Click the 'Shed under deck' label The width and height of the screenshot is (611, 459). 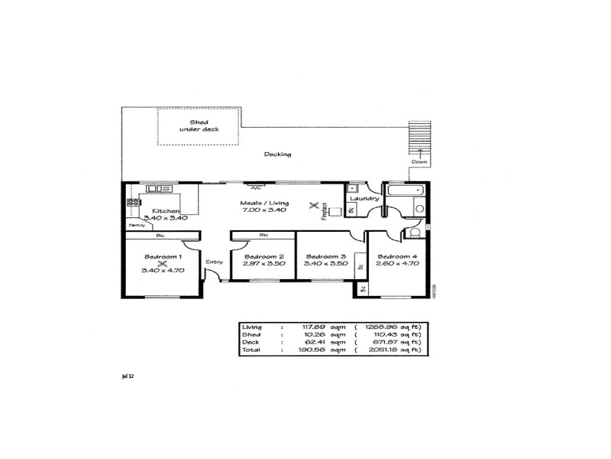pyautogui.click(x=199, y=125)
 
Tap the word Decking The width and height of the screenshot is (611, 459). pyautogui.click(x=277, y=155)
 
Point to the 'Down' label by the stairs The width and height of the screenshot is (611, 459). pyautogui.click(x=419, y=162)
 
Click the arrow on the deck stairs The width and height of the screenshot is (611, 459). pyautogui.click(x=419, y=153)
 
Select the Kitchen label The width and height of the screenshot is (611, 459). pyautogui.click(x=165, y=210)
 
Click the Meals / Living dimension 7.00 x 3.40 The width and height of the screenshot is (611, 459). pyautogui.click(x=263, y=210)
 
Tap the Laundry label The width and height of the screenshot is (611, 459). pyautogui.click(x=365, y=200)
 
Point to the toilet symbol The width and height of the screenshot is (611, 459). pyautogui.click(x=415, y=232)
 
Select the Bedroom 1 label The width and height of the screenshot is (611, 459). pyautogui.click(x=162, y=256)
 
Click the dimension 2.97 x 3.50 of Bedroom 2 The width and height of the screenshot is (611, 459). pyautogui.click(x=263, y=263)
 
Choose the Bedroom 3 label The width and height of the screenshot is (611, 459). pyautogui.click(x=325, y=256)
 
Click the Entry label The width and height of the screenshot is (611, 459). pyautogui.click(x=214, y=262)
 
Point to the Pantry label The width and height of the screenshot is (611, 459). pyautogui.click(x=137, y=226)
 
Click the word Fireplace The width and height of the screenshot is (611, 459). pyautogui.click(x=325, y=210)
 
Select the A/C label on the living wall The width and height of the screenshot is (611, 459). pyautogui.click(x=267, y=187)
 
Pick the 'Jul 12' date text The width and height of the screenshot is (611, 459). pyautogui.click(x=128, y=376)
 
